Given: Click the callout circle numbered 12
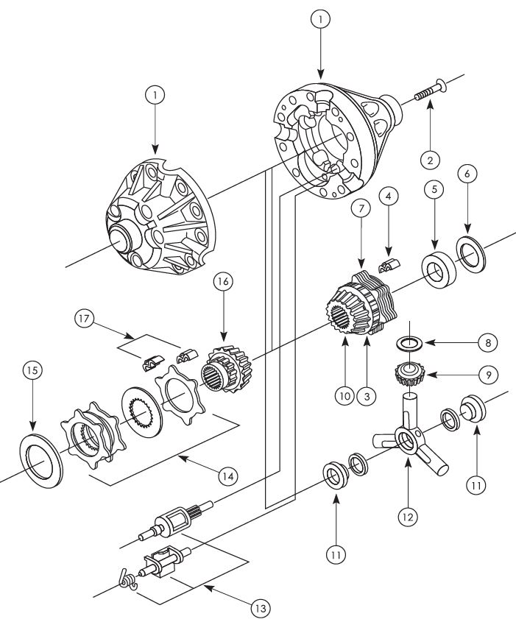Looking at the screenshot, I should (409, 516).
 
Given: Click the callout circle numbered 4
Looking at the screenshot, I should (388, 197).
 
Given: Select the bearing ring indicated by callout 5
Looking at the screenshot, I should (440, 266).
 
